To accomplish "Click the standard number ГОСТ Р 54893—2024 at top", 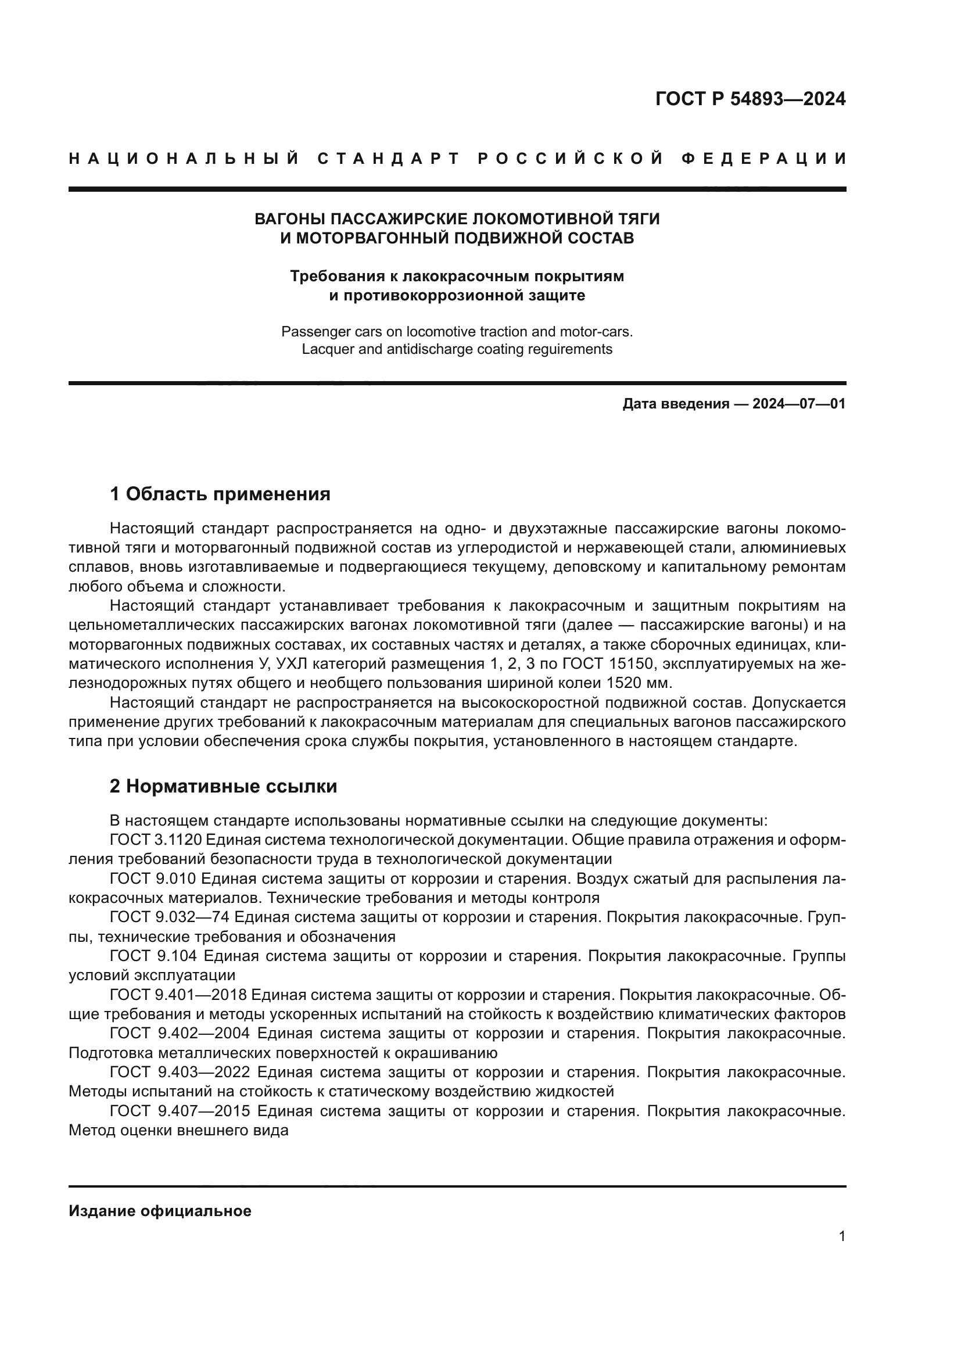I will click(750, 99).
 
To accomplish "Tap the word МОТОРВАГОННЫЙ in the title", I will click(372, 238).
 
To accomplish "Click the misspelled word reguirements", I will click(568, 349).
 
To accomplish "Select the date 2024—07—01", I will click(799, 404).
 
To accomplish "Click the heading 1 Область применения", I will click(220, 494).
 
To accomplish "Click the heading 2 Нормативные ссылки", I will click(223, 786).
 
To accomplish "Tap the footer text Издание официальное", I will click(160, 1211).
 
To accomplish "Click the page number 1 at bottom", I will click(842, 1236).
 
